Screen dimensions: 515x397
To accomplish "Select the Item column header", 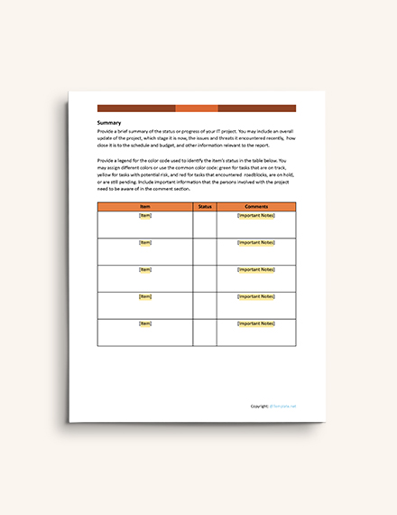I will pyautogui.click(x=144, y=207).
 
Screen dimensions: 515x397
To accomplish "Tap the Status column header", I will pyautogui.click(x=205, y=207).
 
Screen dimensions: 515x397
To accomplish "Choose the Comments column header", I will pyautogui.click(x=256, y=207).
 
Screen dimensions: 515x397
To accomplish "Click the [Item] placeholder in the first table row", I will pyautogui.click(x=144, y=216).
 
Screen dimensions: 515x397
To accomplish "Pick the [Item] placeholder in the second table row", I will pyautogui.click(x=144, y=243).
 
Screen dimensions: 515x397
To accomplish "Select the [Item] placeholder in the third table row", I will pyautogui.click(x=144, y=269).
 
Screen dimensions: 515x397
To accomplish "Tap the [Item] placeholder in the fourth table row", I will pyautogui.click(x=144, y=296).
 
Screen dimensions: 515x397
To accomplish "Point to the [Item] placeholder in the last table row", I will pyautogui.click(x=144, y=323).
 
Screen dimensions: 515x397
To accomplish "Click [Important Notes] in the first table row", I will pyautogui.click(x=256, y=216).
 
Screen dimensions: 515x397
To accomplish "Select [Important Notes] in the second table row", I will pyautogui.click(x=256, y=243).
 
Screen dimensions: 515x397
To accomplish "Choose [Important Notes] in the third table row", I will pyautogui.click(x=256, y=269).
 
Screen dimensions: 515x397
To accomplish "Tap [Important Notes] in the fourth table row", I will pyautogui.click(x=256, y=296).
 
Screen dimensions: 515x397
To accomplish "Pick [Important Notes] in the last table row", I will pyautogui.click(x=256, y=323).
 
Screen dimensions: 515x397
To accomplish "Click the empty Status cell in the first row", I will pyautogui.click(x=205, y=225).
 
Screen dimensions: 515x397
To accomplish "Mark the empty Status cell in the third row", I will pyautogui.click(x=205, y=278).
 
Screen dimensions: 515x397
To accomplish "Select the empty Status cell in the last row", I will pyautogui.click(x=205, y=332).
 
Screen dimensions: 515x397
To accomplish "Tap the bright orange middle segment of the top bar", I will pyautogui.click(x=196, y=108).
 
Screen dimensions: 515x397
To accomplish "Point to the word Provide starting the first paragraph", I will pyautogui.click(x=106, y=132).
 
